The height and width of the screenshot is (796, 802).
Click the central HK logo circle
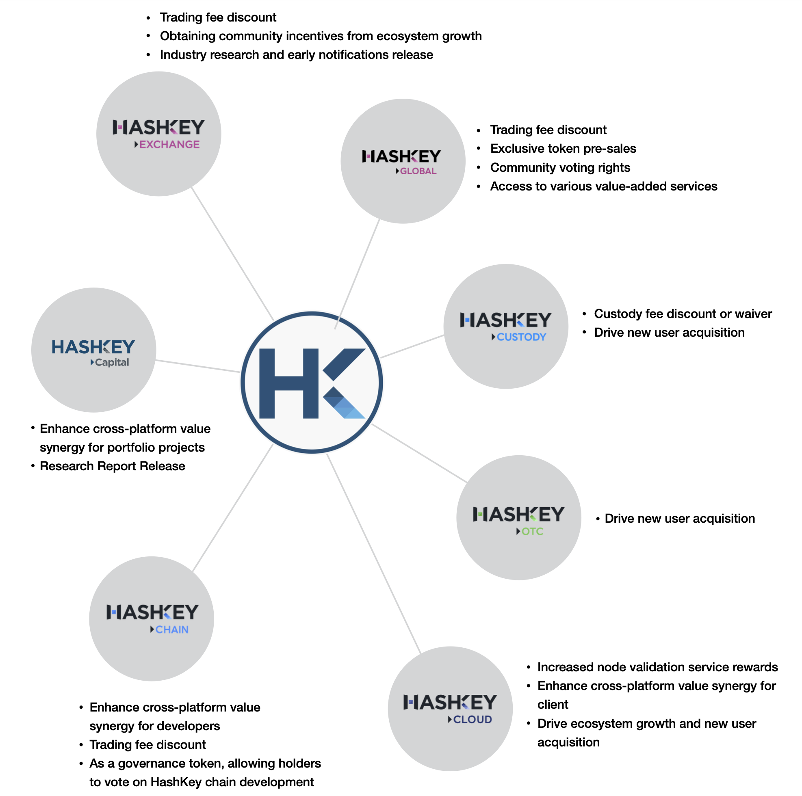pos(312,382)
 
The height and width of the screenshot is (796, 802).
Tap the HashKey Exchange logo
pos(158,134)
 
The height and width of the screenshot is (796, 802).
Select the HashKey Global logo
pos(403,161)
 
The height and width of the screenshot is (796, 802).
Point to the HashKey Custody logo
pos(505,326)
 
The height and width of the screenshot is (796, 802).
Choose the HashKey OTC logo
pos(518,517)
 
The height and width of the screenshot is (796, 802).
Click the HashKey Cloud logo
pos(450,708)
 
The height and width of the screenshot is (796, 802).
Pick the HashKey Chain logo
pos(152,619)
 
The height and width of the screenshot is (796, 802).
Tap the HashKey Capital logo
pos(94,350)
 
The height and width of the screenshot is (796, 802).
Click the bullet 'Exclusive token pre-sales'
pos(563,149)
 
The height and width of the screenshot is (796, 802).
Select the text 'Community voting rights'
pos(560,168)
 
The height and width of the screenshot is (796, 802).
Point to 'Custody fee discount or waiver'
pos(683,314)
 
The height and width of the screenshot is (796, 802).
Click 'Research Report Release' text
pos(113,466)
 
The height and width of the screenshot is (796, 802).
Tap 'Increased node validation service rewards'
pos(657,667)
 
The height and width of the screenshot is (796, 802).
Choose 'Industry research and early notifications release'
pos(297,55)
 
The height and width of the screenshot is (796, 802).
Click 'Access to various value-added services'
pos(604,186)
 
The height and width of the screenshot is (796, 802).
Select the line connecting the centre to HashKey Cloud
pos(374,554)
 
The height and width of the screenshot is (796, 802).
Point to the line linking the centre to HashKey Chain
pos(232,508)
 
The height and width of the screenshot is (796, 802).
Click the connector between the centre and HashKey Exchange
pos(232,253)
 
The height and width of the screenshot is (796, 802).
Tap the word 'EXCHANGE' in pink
pos(169,145)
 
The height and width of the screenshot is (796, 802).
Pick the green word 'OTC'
pos(532,531)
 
